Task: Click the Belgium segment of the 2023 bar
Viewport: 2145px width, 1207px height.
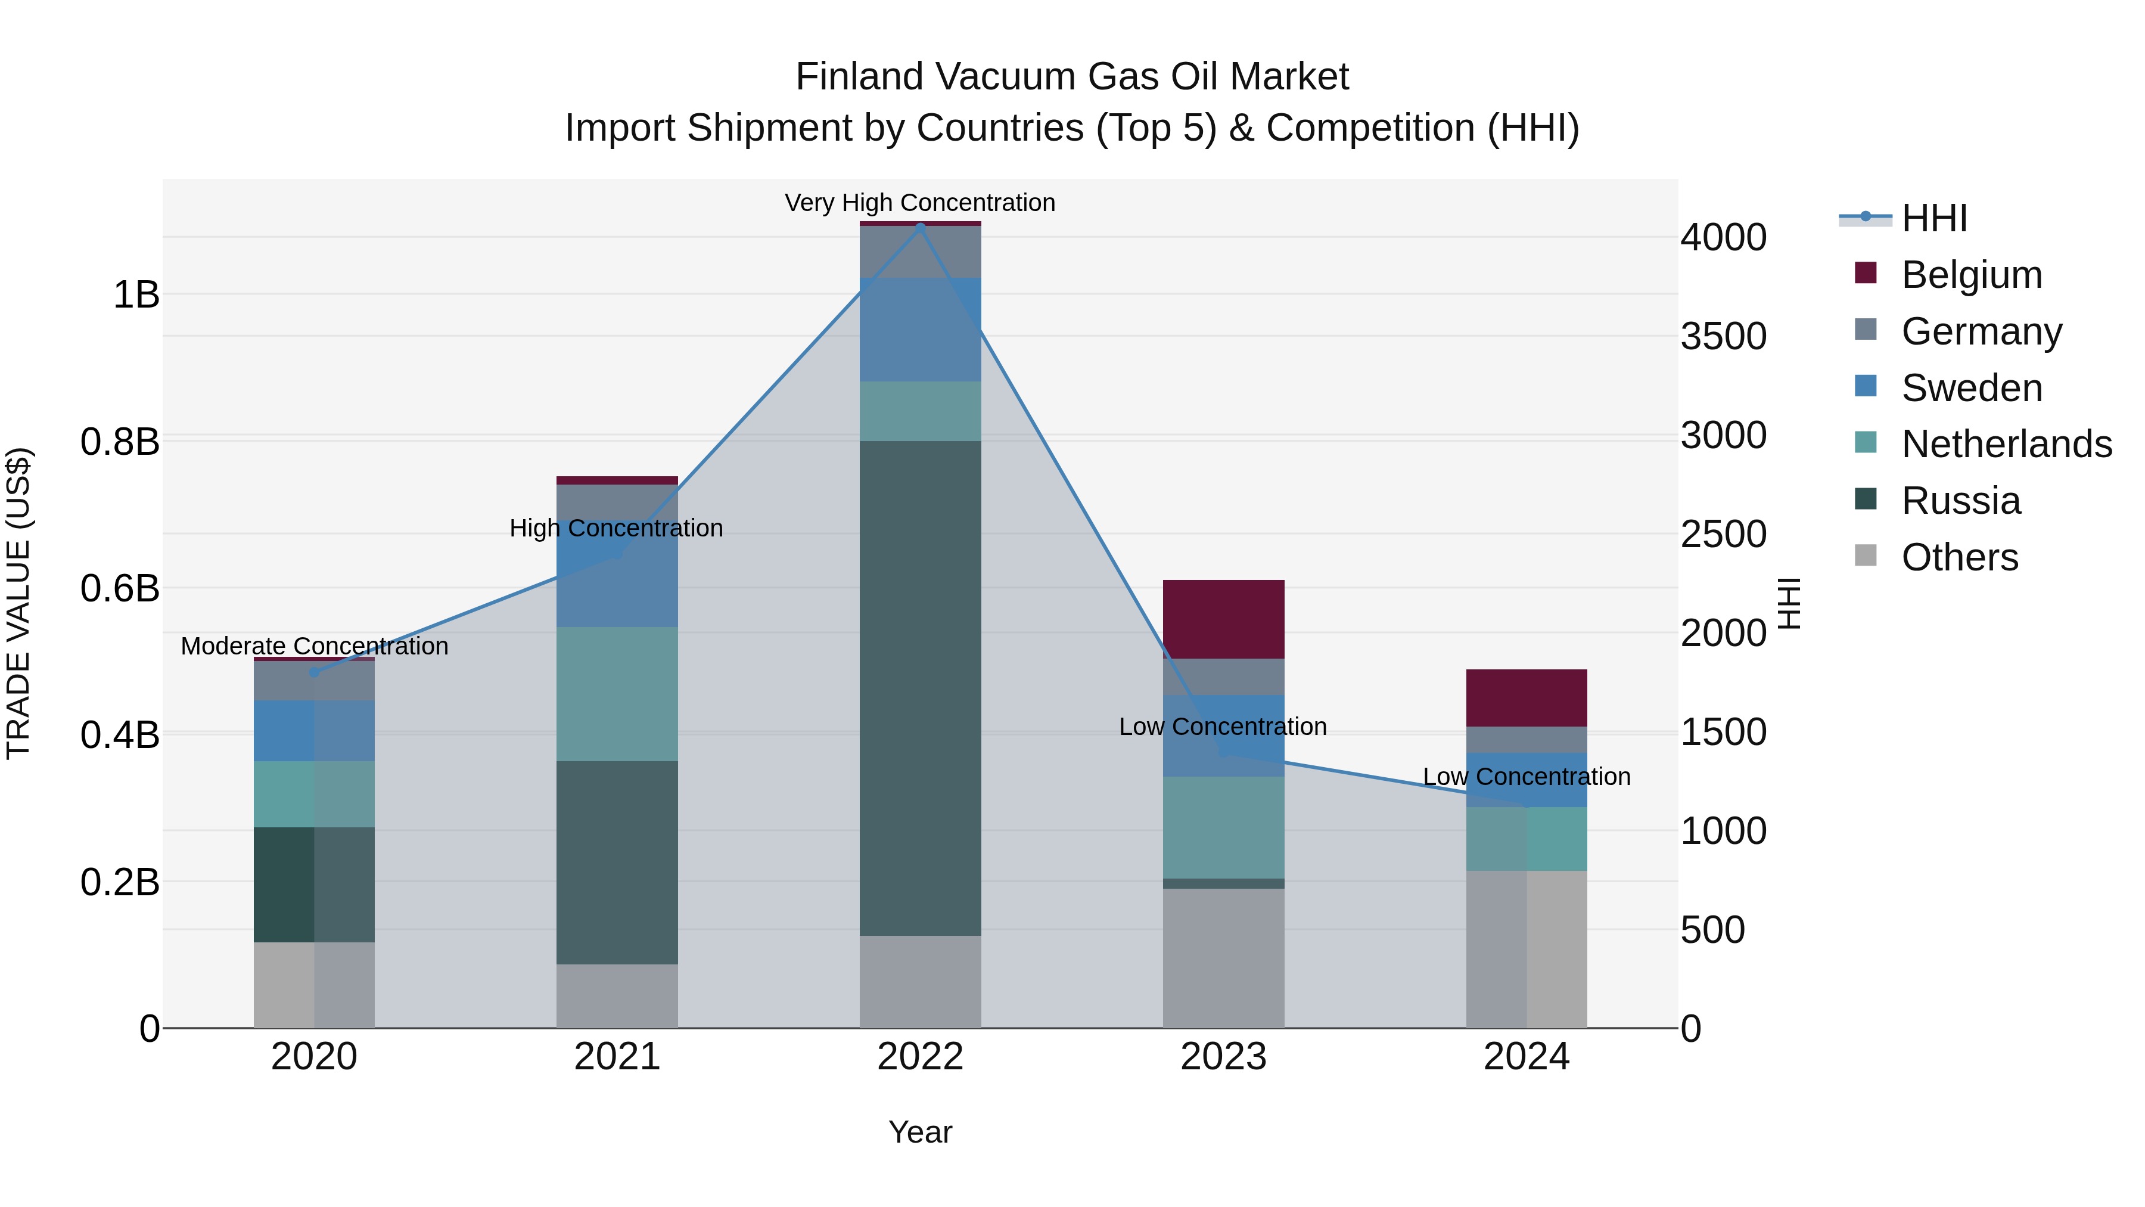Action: [1223, 619]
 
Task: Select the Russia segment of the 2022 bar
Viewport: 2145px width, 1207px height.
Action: [920, 688]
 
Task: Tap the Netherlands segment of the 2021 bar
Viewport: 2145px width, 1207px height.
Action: [617, 693]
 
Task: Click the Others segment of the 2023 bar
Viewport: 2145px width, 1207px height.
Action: [1223, 958]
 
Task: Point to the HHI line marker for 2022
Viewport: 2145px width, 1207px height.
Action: [920, 226]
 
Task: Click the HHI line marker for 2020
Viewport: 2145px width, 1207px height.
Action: [314, 672]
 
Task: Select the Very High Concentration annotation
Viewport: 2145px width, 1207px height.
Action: [919, 203]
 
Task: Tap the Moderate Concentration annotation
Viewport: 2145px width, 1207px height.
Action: [314, 646]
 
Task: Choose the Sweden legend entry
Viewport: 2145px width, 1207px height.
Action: [1971, 388]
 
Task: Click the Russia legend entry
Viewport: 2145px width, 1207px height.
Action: [1960, 501]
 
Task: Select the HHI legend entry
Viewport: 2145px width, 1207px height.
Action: [1933, 218]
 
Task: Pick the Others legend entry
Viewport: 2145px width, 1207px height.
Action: [1959, 557]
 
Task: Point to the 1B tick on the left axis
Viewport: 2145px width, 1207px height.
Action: [136, 295]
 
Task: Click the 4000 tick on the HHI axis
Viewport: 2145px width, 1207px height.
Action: [1722, 237]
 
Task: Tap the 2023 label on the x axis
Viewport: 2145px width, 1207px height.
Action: [1223, 1057]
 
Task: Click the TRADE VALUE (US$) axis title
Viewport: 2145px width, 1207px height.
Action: [19, 603]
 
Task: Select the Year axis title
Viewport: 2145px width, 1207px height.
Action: [919, 1132]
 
